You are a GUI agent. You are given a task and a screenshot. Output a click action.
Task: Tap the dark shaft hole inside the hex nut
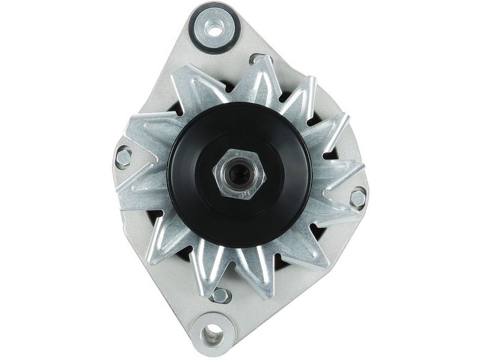[240, 175]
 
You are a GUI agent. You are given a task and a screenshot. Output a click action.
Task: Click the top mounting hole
[214, 26]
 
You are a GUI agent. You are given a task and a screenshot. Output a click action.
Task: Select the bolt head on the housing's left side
[124, 157]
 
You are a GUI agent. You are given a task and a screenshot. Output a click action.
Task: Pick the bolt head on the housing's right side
[358, 197]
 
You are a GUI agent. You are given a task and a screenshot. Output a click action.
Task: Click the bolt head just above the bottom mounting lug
[220, 295]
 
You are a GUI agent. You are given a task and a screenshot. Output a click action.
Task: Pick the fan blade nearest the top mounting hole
[198, 84]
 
